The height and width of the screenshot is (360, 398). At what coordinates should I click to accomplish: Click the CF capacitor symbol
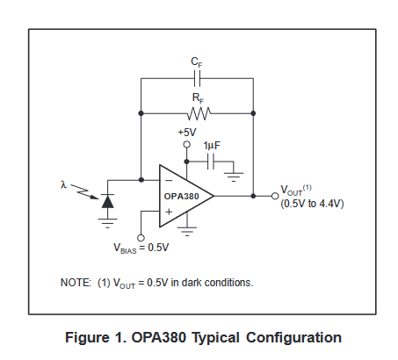point(198,77)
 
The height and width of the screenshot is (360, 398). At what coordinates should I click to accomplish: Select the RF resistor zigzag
point(199,113)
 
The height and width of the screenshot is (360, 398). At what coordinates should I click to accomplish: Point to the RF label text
point(198,97)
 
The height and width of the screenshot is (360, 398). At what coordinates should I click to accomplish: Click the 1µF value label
point(212,146)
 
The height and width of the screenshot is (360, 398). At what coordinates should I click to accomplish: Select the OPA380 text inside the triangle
point(182,197)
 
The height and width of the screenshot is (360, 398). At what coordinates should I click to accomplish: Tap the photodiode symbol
point(107,200)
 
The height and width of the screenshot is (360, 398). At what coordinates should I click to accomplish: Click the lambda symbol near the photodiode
point(64,184)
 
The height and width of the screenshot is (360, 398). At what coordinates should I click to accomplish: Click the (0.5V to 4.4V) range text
point(311,204)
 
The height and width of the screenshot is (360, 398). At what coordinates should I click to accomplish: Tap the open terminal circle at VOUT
point(274,197)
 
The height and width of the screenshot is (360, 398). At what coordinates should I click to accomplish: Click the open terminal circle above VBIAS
point(141,236)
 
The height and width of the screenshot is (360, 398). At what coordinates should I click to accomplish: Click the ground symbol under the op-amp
point(186,233)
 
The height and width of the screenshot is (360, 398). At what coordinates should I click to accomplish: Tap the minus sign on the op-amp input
point(168,182)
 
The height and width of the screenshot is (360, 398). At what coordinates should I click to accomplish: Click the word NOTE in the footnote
point(76,283)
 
